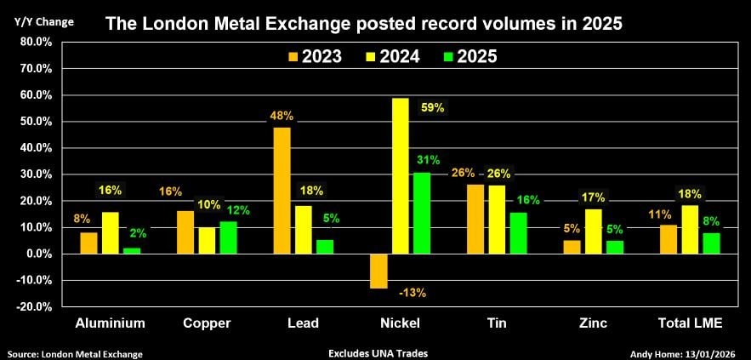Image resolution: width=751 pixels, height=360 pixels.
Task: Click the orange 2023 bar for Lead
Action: coord(282,190)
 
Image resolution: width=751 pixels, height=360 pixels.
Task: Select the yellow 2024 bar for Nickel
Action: coord(400,175)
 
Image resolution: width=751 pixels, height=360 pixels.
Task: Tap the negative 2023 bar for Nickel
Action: coord(378,271)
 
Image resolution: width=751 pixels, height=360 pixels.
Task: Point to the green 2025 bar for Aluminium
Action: coord(131,250)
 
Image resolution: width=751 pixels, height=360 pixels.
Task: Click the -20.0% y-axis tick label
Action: coord(33,306)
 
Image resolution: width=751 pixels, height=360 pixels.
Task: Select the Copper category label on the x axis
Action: coord(208,323)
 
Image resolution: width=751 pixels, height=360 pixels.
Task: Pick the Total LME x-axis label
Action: coord(691,323)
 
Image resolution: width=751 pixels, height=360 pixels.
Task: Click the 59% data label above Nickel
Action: coord(432,108)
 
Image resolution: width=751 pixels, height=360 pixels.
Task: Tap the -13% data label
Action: coord(412,293)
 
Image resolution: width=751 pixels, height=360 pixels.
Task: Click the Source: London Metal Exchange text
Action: coord(75,353)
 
